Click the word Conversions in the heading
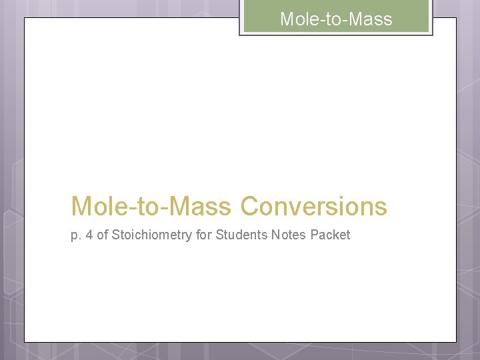pyautogui.click(x=313, y=207)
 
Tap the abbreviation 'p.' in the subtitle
pyautogui.click(x=75, y=235)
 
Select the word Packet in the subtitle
pyautogui.click(x=330, y=235)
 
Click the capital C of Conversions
pyautogui.click(x=249, y=207)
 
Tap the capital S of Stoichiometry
pyautogui.click(x=116, y=235)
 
